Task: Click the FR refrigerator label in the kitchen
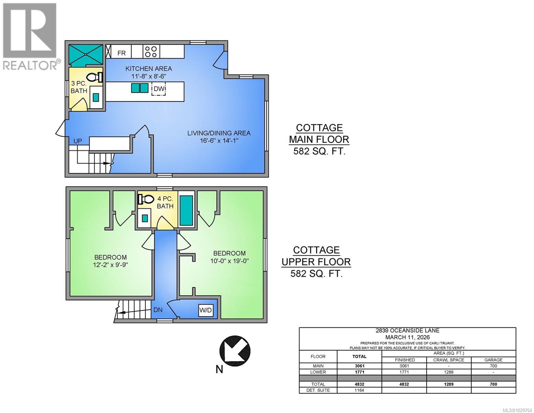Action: [121, 53]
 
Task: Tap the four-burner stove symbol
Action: [151, 52]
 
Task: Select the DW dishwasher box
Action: [159, 89]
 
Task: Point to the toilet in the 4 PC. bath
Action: [146, 199]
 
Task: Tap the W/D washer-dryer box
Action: [206, 310]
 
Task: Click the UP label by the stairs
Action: [78, 141]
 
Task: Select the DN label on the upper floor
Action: [158, 310]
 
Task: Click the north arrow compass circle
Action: [235, 351]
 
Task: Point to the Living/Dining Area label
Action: [219, 133]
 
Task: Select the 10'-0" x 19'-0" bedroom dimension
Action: [229, 261]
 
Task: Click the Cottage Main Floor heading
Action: [319, 134]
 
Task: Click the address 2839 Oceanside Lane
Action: [407, 331]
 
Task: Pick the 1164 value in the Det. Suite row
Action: [359, 390]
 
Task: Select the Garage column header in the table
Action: [493, 360]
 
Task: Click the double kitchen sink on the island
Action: [140, 88]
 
